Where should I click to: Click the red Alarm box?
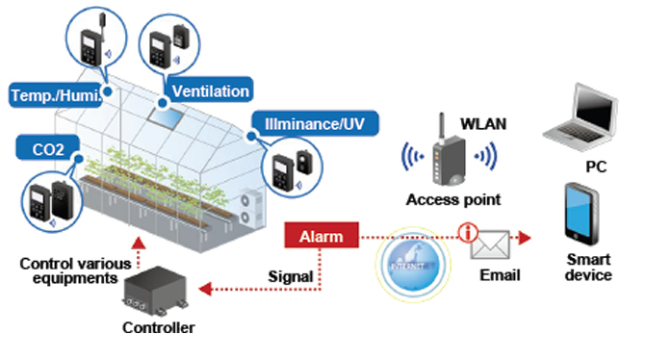[322, 235]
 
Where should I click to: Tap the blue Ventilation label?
[209, 90]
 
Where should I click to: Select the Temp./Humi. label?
[56, 95]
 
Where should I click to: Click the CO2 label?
[48, 148]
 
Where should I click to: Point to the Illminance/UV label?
[315, 123]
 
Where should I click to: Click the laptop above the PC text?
[580, 117]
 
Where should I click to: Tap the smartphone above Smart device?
[581, 214]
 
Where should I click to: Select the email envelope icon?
[490, 244]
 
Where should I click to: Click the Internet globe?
[413, 264]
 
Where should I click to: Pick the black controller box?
[156, 290]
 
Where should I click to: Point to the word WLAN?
[483, 124]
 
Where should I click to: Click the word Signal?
[291, 276]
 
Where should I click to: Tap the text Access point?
[453, 199]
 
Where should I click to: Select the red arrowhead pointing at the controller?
[205, 289]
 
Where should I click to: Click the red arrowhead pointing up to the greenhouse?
[140, 243]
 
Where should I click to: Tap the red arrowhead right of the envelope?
[525, 238]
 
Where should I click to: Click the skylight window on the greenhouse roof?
[166, 117]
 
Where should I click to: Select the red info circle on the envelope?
[468, 232]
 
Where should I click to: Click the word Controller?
[159, 327]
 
